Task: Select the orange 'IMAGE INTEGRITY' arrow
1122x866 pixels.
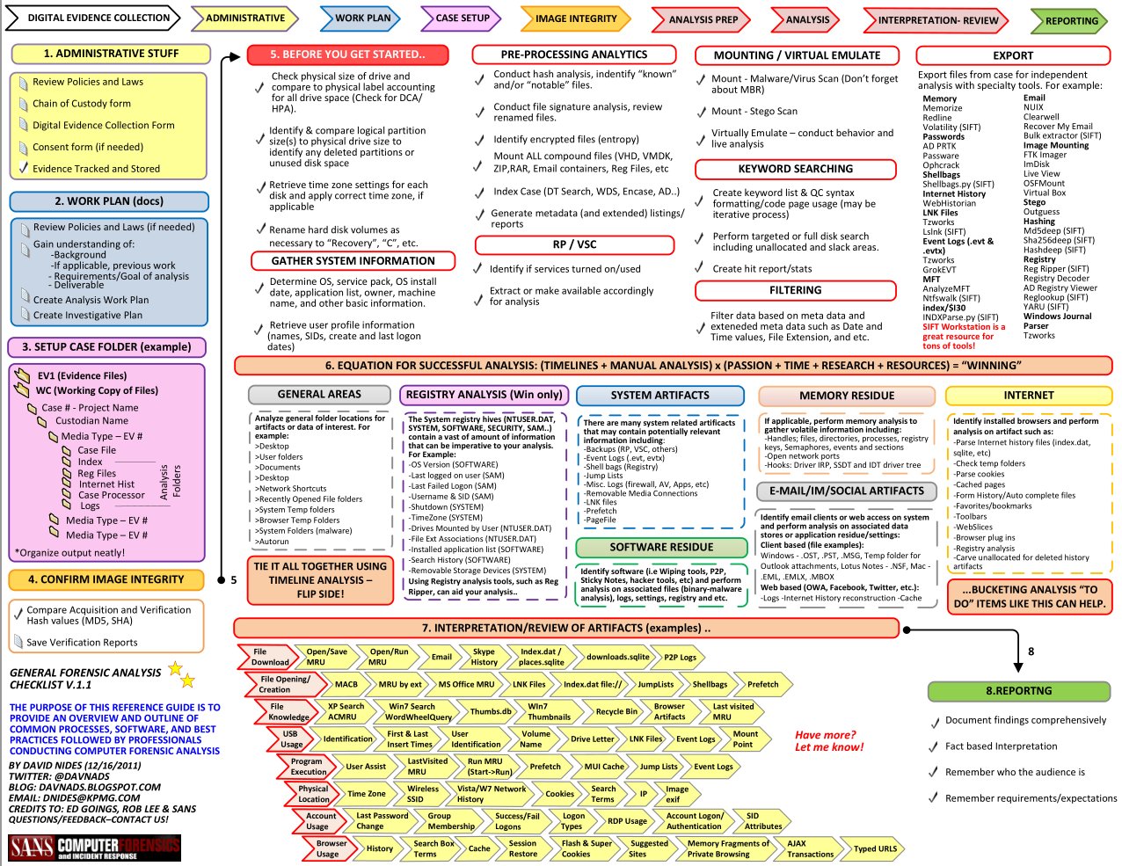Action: point(575,18)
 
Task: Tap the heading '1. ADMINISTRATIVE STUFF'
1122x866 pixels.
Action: point(111,54)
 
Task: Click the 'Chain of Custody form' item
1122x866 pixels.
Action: point(82,104)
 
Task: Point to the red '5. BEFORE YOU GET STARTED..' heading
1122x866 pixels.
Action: point(347,55)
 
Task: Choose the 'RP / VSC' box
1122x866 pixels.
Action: point(574,244)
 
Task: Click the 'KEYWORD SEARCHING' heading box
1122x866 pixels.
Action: point(795,169)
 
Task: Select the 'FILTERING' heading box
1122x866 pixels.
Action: point(795,290)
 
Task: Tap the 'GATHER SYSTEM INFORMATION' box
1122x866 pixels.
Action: point(353,261)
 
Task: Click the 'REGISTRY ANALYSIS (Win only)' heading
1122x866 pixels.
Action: point(484,395)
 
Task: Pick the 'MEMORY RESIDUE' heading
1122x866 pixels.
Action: point(846,396)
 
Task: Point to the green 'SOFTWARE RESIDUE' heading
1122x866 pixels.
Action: point(661,547)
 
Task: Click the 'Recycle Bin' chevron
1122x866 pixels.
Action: point(616,711)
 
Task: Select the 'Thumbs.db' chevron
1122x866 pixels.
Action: point(490,711)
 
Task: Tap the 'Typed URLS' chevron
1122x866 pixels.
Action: point(874,848)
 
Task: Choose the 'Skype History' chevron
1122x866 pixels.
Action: point(484,657)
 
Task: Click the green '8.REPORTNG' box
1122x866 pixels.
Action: point(1017,691)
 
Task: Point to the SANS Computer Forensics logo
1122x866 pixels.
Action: point(94,848)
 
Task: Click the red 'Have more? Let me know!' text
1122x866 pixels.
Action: point(828,741)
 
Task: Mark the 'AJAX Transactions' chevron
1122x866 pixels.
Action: point(809,848)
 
